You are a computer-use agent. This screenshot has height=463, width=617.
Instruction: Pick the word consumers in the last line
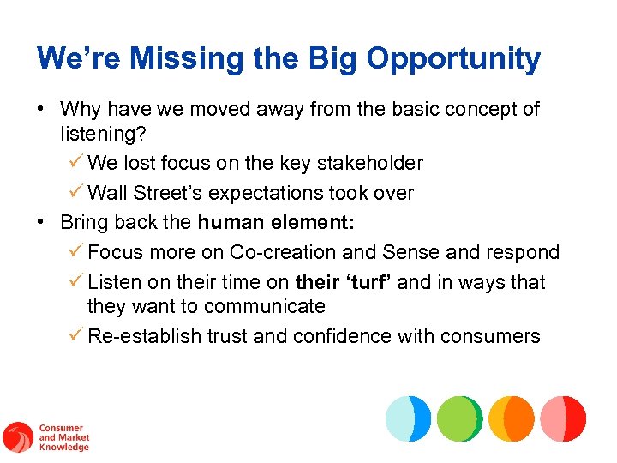click(x=490, y=336)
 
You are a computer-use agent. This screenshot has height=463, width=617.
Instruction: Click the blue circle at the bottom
click(x=408, y=418)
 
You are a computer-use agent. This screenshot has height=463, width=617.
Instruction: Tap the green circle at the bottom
click(x=459, y=418)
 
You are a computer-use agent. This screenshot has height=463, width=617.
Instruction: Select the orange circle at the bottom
click(x=512, y=418)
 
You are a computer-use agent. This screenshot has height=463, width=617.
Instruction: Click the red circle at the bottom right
click(x=563, y=418)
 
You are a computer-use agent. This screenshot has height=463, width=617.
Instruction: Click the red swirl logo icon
click(x=17, y=437)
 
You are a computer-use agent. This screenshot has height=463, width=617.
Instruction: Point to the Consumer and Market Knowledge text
click(x=63, y=437)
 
